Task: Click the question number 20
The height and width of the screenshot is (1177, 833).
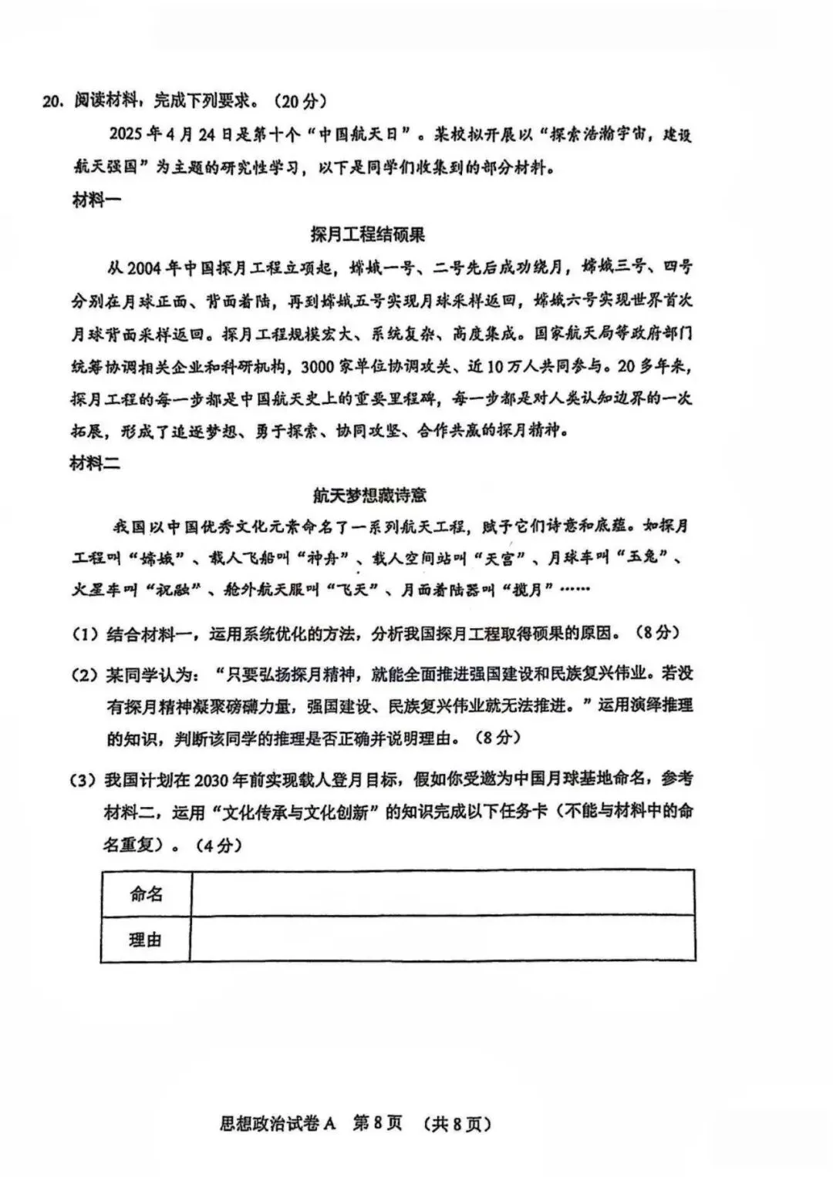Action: coord(53,101)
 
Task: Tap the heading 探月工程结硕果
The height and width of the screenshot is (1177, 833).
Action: coord(367,234)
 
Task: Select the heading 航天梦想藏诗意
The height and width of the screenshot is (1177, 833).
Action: coord(369,494)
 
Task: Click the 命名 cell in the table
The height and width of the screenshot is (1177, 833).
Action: coord(146,894)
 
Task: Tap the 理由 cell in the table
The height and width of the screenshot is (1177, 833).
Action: coord(146,940)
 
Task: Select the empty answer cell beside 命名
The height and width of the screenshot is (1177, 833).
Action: coord(442,894)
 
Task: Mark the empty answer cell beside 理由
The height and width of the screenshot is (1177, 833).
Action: coord(442,940)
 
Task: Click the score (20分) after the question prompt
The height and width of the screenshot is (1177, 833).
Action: coord(300,101)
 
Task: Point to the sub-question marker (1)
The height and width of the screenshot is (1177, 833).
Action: coord(84,634)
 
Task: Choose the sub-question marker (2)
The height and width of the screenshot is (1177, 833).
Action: coord(84,674)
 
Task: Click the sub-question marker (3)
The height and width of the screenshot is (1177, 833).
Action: coord(84,780)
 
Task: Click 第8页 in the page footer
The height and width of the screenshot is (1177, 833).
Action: coord(377,1124)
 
